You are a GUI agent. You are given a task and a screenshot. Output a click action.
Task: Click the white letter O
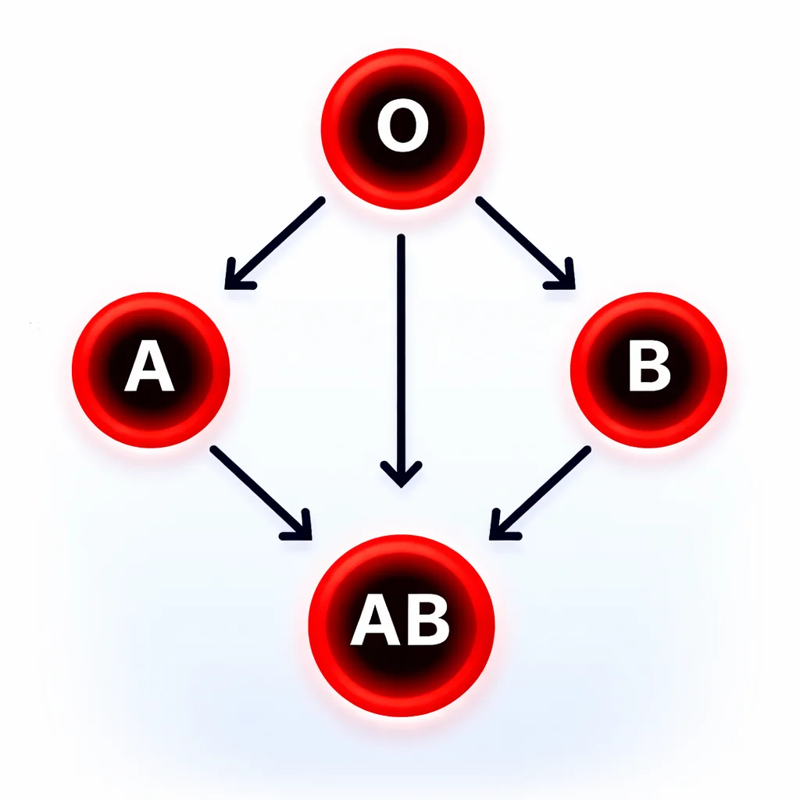(x=402, y=126)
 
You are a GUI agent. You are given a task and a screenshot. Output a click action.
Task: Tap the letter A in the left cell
(x=149, y=366)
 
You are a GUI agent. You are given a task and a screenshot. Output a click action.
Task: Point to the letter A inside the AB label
(x=375, y=620)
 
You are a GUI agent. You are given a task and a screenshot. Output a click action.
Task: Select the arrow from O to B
(x=526, y=244)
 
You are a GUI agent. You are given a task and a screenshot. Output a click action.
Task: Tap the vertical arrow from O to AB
(x=401, y=361)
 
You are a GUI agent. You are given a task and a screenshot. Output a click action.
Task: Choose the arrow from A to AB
(x=261, y=493)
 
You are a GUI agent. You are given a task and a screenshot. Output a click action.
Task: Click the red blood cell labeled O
(x=402, y=129)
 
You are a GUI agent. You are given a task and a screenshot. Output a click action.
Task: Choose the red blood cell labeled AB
(x=402, y=626)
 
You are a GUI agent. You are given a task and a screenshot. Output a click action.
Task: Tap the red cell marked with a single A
(x=151, y=370)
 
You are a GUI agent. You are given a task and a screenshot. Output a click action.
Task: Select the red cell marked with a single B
(x=648, y=370)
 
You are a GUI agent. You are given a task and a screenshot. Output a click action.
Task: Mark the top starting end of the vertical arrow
(x=401, y=237)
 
